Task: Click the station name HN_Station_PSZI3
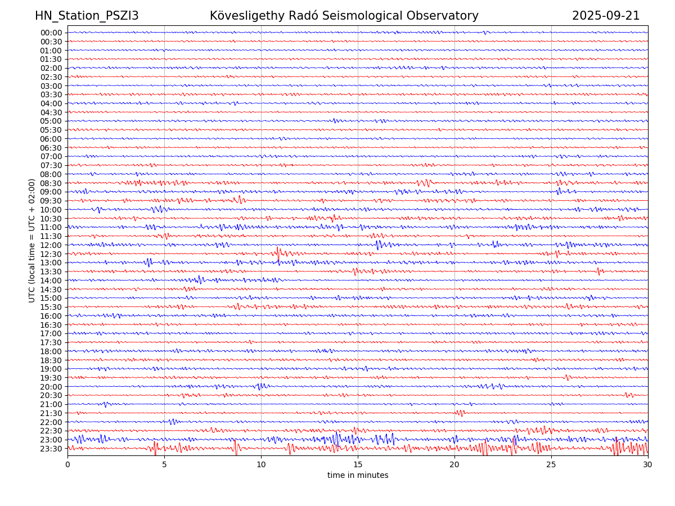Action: tap(87, 16)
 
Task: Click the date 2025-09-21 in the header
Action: tap(606, 16)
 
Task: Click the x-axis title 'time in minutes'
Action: tap(358, 475)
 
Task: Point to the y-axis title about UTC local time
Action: tap(32, 240)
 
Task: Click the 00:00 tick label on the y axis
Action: tap(51, 33)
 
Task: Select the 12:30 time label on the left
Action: tap(51, 254)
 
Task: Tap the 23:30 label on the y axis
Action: tap(51, 449)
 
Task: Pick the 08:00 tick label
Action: tap(51, 174)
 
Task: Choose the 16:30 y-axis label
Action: tap(51, 325)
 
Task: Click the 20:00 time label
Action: tap(51, 387)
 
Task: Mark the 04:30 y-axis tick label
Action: tap(51, 112)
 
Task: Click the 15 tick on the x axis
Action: tap(358, 464)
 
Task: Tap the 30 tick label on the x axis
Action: tap(648, 464)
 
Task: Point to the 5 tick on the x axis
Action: tap(164, 464)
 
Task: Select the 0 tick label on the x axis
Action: tap(67, 464)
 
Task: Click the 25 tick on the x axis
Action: tap(551, 464)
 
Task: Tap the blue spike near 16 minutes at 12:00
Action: tap(378, 244)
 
